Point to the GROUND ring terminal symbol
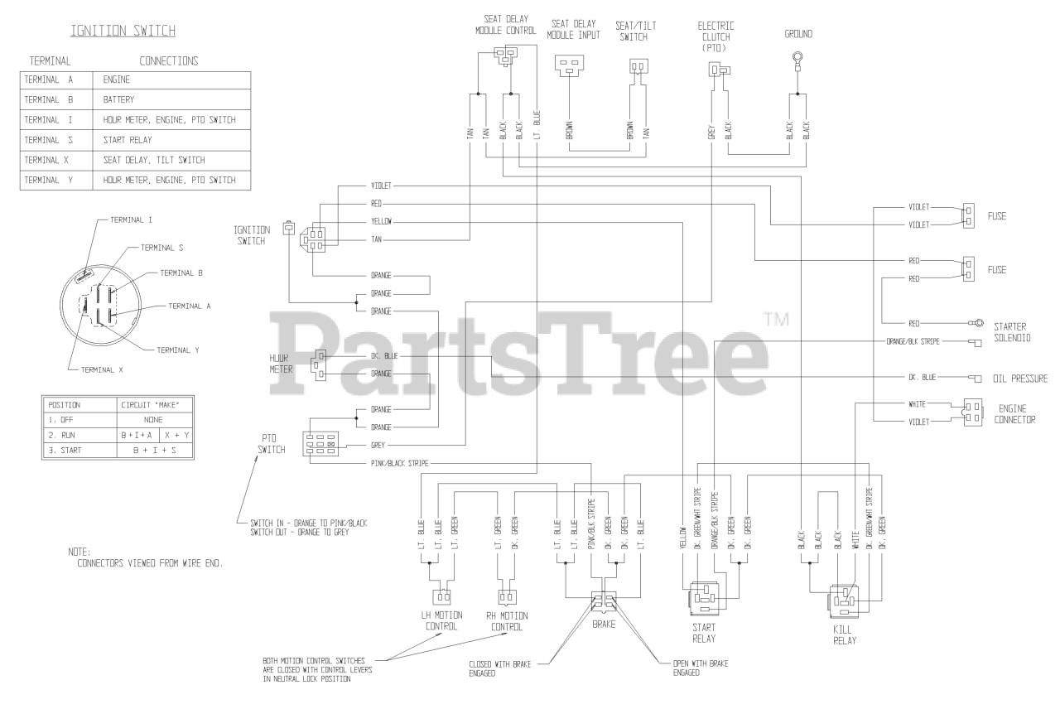797,60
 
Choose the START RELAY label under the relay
703,633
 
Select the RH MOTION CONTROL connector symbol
507,596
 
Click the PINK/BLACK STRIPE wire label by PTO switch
399,463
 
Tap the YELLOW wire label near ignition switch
382,222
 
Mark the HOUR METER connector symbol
319,364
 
